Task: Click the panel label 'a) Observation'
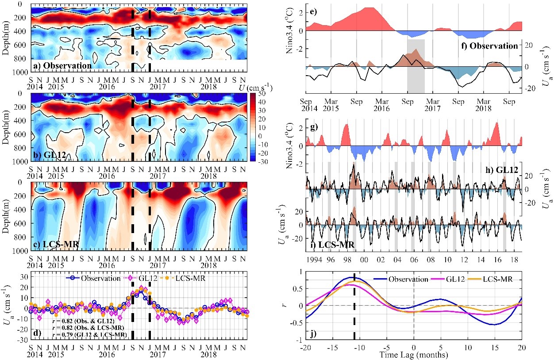[62, 66]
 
